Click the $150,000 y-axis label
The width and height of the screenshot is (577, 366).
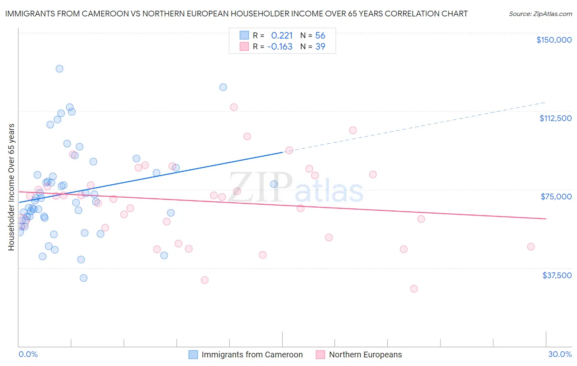click(554, 40)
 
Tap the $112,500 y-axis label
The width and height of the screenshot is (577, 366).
click(555, 118)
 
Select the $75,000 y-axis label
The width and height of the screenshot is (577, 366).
click(556, 197)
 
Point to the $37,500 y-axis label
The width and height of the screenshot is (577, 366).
click(557, 275)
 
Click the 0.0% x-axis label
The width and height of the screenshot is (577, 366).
click(28, 354)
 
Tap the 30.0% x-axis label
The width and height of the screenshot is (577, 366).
click(560, 354)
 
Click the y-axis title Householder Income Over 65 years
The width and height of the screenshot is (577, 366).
click(11, 187)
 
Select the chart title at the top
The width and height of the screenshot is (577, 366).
click(236, 14)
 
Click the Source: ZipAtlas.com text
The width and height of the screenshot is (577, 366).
click(540, 14)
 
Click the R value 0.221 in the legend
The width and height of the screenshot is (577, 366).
click(282, 35)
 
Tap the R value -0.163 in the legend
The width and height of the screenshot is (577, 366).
click(280, 46)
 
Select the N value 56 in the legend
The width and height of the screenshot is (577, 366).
click(320, 35)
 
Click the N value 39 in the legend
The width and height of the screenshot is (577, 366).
click(320, 46)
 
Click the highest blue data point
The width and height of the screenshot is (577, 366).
click(60, 69)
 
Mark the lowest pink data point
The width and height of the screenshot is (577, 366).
click(414, 289)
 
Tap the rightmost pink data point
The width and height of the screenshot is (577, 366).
click(531, 247)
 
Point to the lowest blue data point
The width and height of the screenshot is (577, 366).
click(83, 278)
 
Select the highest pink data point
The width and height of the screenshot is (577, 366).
click(234, 107)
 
